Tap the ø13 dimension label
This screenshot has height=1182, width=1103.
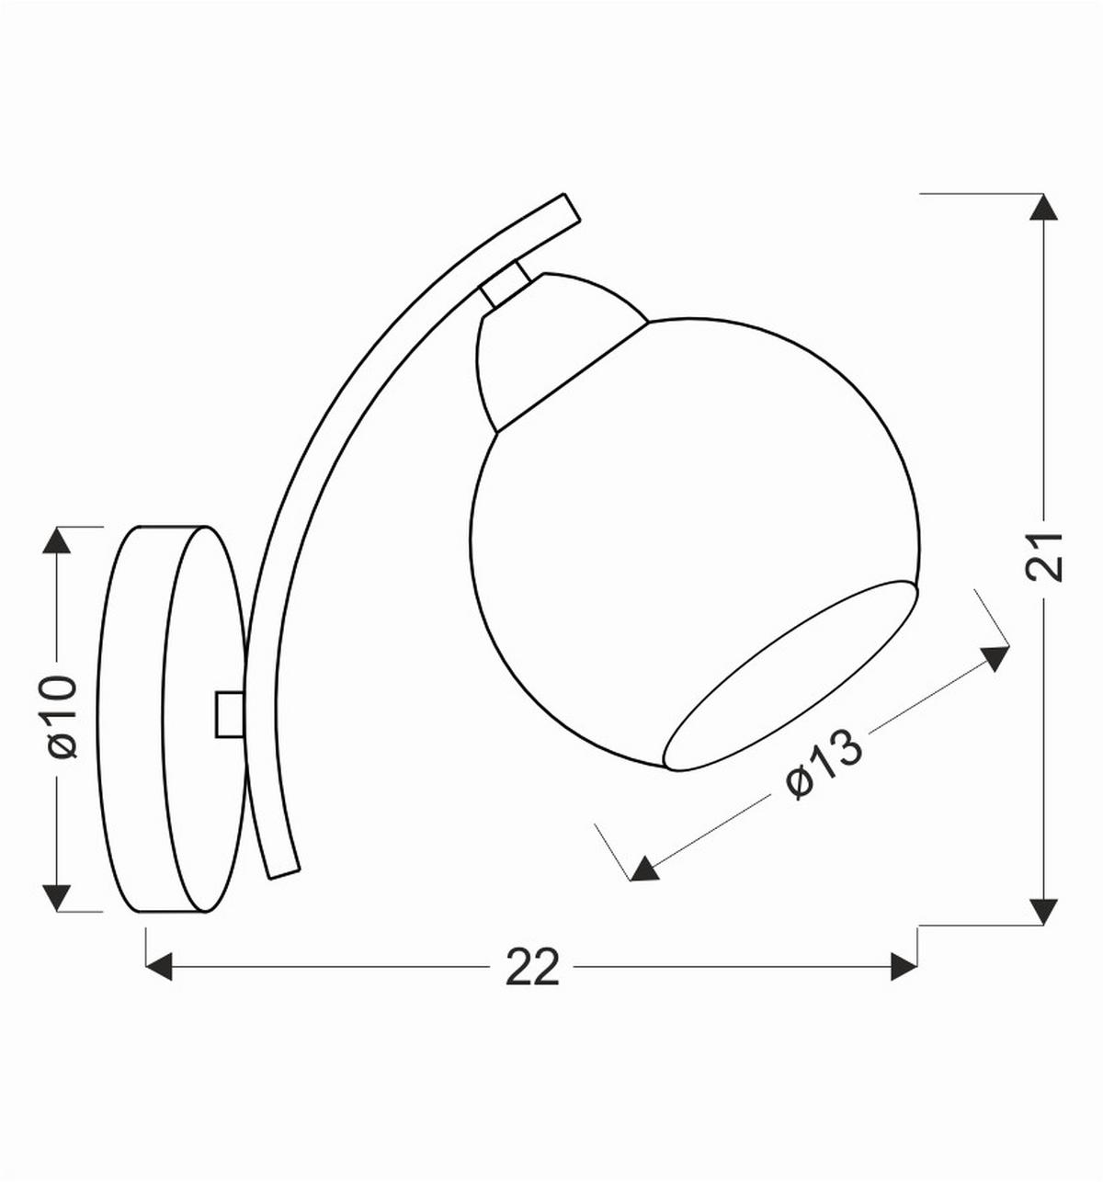(x=824, y=765)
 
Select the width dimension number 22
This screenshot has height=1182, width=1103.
(x=532, y=967)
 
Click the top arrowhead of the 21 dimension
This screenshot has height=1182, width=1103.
(x=1040, y=207)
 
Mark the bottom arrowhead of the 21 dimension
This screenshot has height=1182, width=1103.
(x=1040, y=910)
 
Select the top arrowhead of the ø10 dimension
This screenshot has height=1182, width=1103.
(x=57, y=540)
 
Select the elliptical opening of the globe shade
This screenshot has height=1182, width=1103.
(x=790, y=676)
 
